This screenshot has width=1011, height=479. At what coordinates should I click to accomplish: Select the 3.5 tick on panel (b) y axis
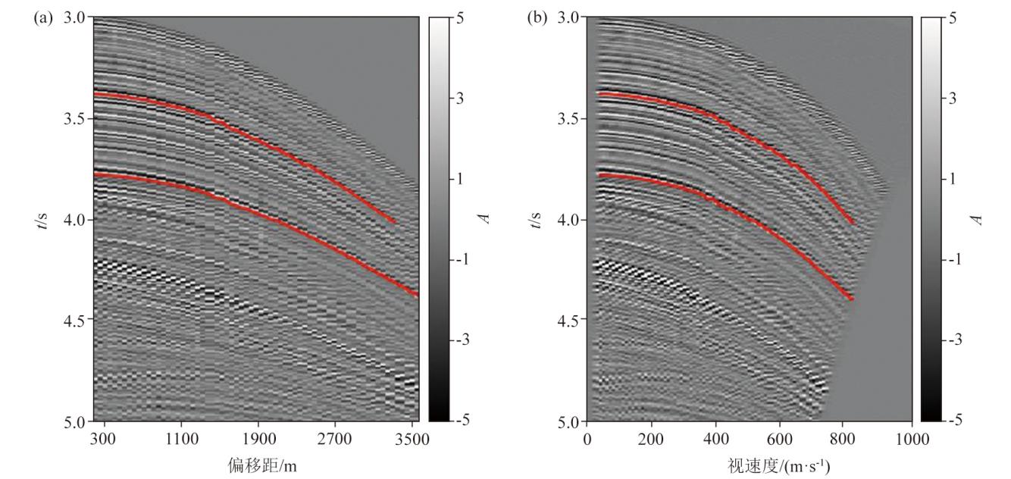pos(570,119)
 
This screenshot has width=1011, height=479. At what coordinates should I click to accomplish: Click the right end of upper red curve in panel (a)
pos(396,222)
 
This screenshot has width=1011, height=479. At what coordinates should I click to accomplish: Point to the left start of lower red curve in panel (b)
pos(599,175)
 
